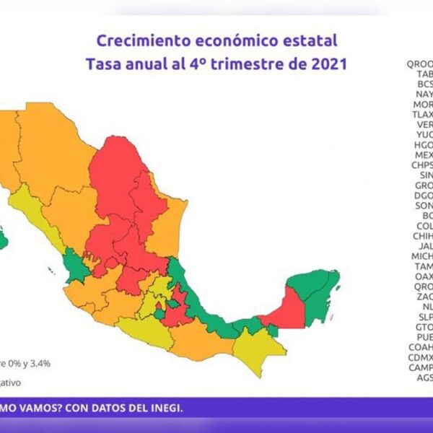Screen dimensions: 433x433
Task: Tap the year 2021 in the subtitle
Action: tap(325, 64)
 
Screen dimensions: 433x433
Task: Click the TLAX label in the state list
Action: tap(422, 113)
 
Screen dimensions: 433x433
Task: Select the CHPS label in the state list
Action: tap(422, 165)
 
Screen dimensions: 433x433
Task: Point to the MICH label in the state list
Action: tap(422, 255)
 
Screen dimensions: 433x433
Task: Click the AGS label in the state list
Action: tap(424, 377)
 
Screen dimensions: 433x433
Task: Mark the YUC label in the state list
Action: tap(424, 134)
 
